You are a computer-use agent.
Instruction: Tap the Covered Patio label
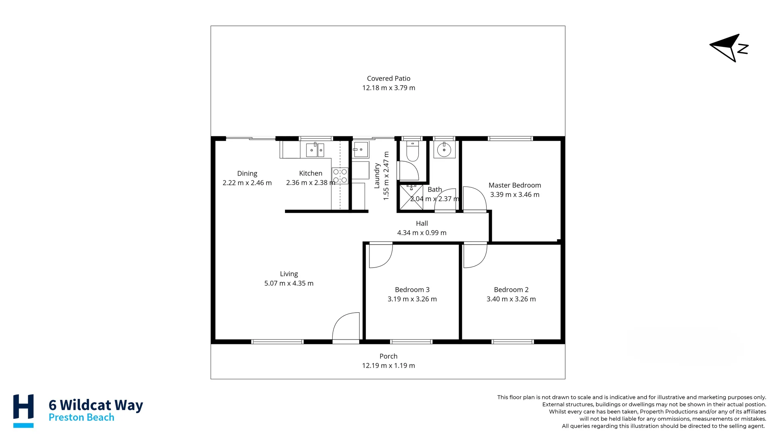point(388,78)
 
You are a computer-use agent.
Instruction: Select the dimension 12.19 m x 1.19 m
point(388,365)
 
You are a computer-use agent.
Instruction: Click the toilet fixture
point(413,151)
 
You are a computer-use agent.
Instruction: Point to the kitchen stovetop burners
point(340,176)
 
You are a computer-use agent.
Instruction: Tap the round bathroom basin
point(444,150)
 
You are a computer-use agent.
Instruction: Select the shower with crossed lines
point(411,197)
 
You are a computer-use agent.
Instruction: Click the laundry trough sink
point(361,149)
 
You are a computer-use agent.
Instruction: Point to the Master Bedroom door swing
point(474,199)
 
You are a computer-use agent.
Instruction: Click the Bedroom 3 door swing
point(381,255)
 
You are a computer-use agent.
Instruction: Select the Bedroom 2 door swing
point(475,255)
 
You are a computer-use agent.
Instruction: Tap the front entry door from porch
point(346,327)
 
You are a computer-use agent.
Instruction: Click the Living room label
point(289,274)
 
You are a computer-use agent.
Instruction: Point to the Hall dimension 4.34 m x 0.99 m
point(422,233)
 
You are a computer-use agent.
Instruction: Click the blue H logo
point(23,411)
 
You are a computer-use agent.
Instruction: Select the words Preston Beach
point(81,417)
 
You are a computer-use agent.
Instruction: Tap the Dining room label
point(247,174)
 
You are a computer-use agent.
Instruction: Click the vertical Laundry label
point(377,176)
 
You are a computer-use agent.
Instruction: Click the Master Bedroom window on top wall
point(510,138)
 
